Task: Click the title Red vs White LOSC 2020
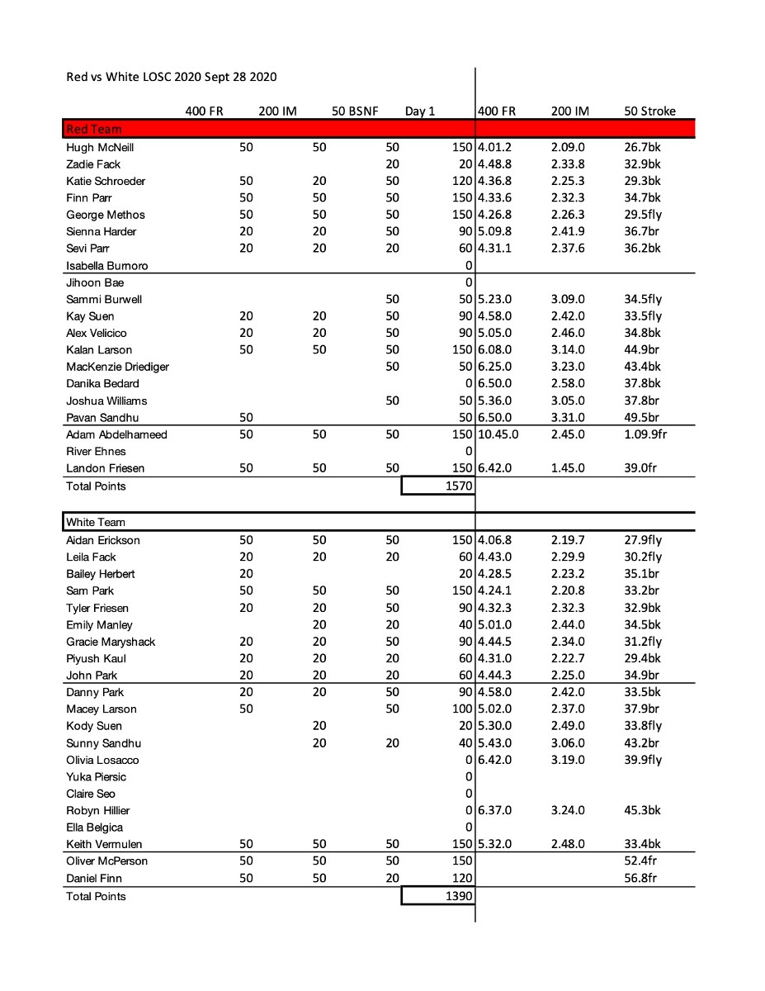click(x=171, y=77)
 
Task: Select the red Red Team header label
click(x=93, y=129)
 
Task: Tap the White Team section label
click(x=96, y=522)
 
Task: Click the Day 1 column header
click(x=419, y=111)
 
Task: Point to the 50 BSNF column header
click(x=355, y=111)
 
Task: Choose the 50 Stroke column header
click(x=649, y=111)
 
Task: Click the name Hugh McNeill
click(x=100, y=148)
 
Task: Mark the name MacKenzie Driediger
click(x=117, y=367)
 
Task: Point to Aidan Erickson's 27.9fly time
click(x=643, y=540)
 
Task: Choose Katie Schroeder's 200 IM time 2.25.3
click(x=568, y=181)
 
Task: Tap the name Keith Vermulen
click(x=103, y=844)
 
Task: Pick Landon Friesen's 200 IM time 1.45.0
click(x=568, y=468)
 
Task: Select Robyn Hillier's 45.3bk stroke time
click(x=642, y=810)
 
